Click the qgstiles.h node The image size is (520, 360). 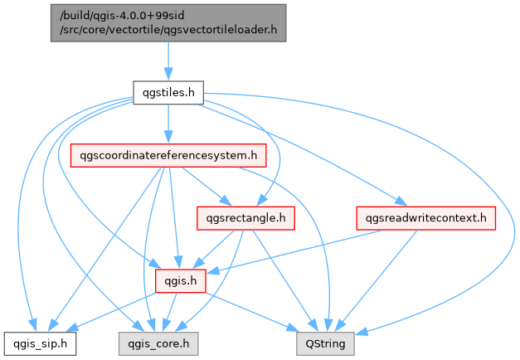168,93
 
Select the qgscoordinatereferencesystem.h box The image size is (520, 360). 169,155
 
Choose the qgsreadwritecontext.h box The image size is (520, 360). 426,218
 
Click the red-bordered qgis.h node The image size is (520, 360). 181,281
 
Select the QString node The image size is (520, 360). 326,341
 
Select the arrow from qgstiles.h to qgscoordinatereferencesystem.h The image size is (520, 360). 168,124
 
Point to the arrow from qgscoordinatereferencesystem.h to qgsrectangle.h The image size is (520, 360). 203,186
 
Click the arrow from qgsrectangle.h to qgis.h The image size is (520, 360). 215,248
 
